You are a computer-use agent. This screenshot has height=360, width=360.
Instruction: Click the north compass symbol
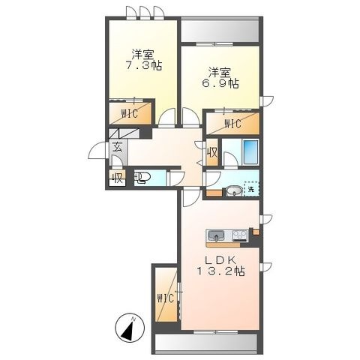coord(130,328)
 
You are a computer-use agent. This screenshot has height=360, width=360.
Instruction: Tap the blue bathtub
coord(250,152)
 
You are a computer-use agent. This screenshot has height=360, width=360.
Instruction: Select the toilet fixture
coord(142,178)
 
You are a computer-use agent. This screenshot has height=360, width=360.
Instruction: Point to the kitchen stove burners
coord(240,235)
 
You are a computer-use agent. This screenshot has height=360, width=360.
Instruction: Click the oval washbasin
coord(234,191)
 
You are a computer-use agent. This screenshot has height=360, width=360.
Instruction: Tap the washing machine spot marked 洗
coord(251,189)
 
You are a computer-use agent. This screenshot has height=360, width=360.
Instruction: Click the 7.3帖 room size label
coord(144,66)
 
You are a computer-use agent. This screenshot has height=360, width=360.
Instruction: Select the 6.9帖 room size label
coord(220,83)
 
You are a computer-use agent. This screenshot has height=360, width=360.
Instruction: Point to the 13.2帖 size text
coord(221,271)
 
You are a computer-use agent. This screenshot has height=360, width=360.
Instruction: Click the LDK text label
coord(220,260)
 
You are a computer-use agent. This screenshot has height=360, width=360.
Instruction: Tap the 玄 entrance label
coord(118,147)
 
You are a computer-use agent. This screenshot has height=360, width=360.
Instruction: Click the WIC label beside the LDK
coord(165,298)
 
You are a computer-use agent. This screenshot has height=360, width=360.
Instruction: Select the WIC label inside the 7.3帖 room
coord(130,114)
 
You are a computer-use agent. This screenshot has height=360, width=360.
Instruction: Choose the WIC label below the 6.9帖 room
coord(232,124)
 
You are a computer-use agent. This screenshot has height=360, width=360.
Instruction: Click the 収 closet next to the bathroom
coord(212,152)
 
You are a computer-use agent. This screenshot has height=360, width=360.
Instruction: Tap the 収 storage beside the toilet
coord(117,178)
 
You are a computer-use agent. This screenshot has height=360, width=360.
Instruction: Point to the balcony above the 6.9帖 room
coord(220,31)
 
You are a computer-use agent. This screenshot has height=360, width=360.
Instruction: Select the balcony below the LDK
coord(206,343)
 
